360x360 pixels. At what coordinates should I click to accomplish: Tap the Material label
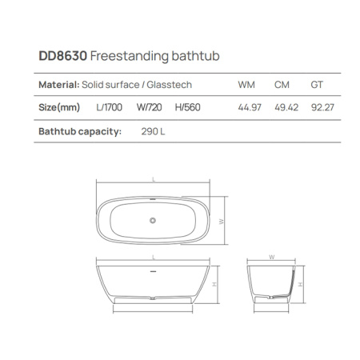58,84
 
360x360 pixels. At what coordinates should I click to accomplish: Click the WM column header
247,84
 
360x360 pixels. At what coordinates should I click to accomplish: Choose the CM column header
282,84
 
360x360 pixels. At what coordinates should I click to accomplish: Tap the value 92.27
320,106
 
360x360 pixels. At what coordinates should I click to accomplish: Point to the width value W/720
151,106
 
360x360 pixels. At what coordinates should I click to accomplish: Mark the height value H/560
188,106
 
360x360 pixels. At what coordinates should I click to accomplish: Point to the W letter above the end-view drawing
272,258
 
